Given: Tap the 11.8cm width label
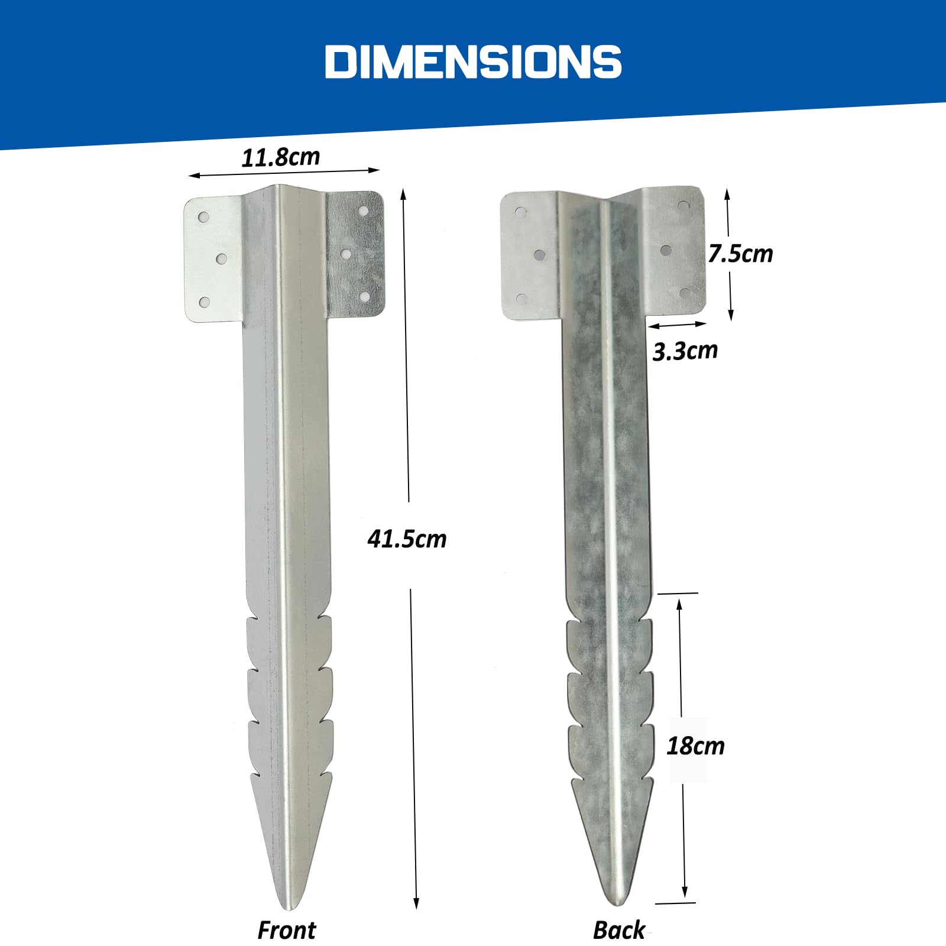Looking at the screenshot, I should click(280, 157).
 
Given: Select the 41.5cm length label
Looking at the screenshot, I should click(407, 539).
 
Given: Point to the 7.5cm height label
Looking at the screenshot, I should click(740, 254).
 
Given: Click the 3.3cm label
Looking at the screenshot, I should click(685, 351).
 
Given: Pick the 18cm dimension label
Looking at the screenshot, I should click(695, 746).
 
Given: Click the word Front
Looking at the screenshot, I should click(287, 930).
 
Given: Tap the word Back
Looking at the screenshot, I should click(618, 930).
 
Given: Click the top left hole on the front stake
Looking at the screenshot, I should click(203, 217).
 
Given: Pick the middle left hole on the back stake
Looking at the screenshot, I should click(539, 255).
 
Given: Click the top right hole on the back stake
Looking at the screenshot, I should click(683, 206).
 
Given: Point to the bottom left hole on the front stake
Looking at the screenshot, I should click(204, 303).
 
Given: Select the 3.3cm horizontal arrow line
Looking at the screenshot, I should click(677, 325).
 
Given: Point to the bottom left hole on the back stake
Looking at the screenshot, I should click(521, 299).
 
